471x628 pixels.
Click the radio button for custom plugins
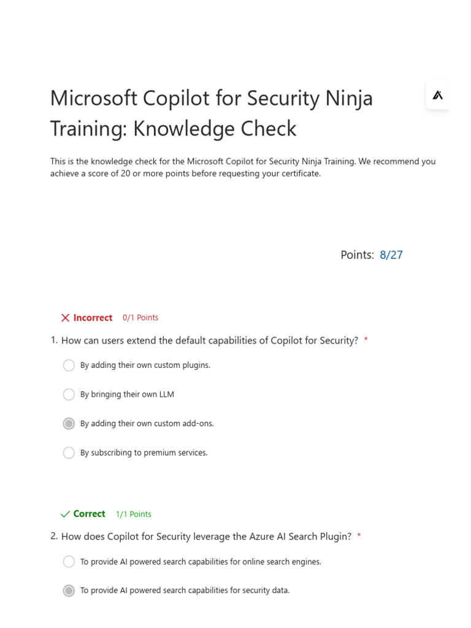coord(69,366)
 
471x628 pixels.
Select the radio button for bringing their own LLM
coord(69,394)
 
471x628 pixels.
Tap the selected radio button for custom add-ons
coord(69,424)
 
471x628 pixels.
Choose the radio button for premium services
coord(69,453)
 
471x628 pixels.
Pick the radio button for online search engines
coord(69,562)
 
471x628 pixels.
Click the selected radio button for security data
coord(69,591)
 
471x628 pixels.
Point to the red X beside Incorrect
coord(65,318)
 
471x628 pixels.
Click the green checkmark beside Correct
coord(65,514)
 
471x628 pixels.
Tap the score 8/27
coord(391,255)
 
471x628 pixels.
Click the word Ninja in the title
coord(348,98)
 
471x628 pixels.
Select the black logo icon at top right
coord(437,95)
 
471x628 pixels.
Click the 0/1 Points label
coord(140,318)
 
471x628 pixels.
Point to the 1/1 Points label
coord(133,515)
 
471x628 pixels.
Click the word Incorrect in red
coord(93,318)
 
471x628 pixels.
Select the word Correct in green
coord(89,514)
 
